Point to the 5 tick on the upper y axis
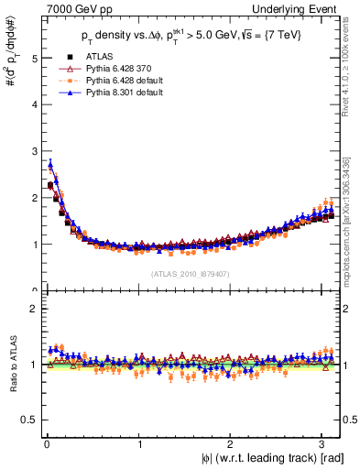pyautogui.click(x=33, y=58)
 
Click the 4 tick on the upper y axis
pyautogui.click(x=33, y=104)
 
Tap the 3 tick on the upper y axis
pyautogui.click(x=33, y=151)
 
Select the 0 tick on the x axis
pyautogui.click(x=46, y=445)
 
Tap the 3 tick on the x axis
pyautogui.click(x=325, y=445)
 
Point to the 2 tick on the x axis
pyautogui.click(x=232, y=445)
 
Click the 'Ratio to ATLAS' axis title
pyautogui.click(x=11, y=365)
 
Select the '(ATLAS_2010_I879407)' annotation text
pyautogui.click(x=191, y=272)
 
